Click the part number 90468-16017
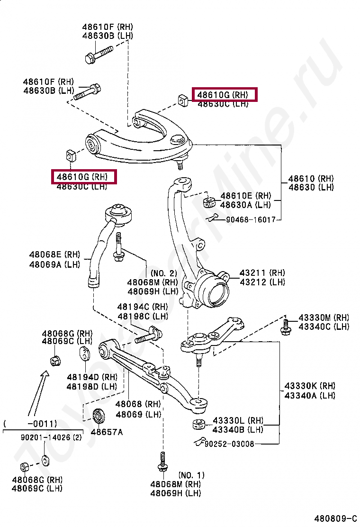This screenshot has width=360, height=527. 251,220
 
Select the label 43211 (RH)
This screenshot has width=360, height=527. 262,273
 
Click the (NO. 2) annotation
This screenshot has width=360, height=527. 163,273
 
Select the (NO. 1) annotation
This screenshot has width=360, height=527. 191,475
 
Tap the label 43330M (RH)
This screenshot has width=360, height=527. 324,318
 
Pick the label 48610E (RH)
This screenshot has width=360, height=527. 245,195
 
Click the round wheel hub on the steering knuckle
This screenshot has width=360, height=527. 214,290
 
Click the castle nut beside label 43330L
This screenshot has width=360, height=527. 198,424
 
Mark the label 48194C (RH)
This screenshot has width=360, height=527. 143,307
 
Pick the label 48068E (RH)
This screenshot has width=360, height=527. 54,255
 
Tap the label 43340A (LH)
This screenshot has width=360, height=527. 310,395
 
